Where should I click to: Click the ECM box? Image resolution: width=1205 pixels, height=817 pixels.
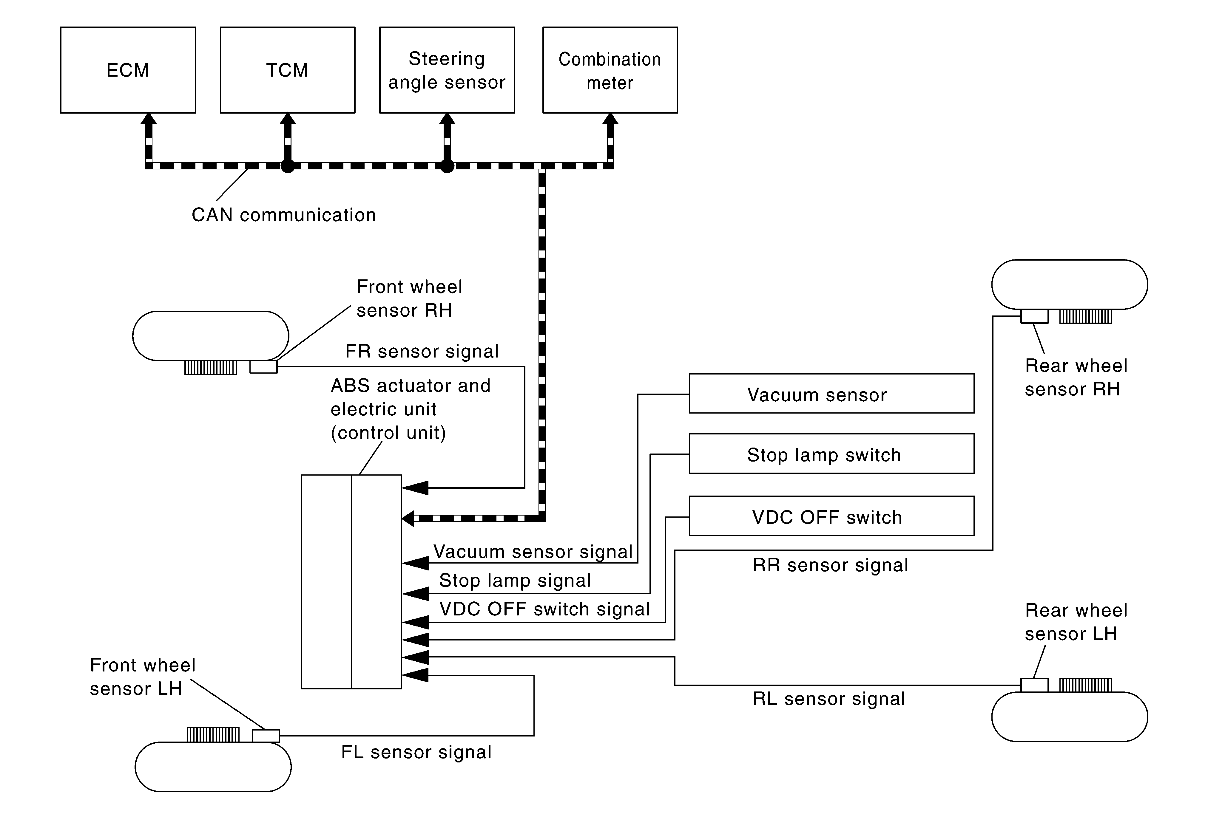click(x=128, y=70)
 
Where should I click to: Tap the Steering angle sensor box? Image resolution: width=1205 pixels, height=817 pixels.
click(x=447, y=70)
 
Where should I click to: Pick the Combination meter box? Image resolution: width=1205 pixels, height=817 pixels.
click(x=610, y=70)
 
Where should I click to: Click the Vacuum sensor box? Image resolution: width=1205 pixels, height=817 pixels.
click(x=831, y=394)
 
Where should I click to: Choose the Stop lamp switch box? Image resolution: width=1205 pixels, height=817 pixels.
click(x=831, y=454)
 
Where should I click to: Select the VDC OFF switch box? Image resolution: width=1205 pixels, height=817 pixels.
click(x=831, y=516)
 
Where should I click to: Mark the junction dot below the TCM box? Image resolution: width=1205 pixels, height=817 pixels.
click(x=288, y=166)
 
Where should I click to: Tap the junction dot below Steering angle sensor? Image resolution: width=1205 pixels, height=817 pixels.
click(x=447, y=166)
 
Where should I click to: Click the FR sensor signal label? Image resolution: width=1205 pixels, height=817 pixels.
click(x=422, y=351)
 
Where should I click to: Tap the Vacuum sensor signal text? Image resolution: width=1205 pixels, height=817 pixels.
click(x=533, y=552)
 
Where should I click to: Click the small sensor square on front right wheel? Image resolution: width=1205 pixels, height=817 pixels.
click(x=263, y=367)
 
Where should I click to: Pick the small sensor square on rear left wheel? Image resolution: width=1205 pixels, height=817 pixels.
click(x=1034, y=685)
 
